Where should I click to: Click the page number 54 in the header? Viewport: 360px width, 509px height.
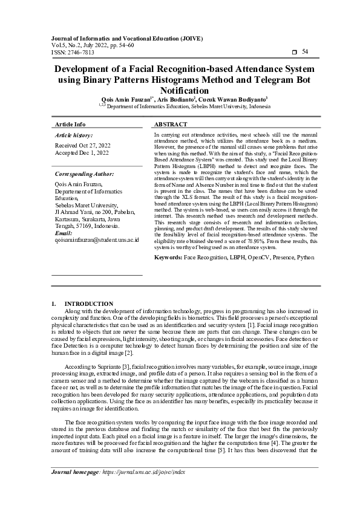click(305, 53)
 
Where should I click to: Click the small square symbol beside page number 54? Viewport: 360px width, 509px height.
click(294, 53)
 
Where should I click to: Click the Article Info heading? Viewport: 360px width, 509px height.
click(70, 124)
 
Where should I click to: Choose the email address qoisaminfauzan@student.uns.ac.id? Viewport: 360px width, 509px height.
click(97, 239)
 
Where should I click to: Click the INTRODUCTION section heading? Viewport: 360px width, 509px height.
click(88, 303)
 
